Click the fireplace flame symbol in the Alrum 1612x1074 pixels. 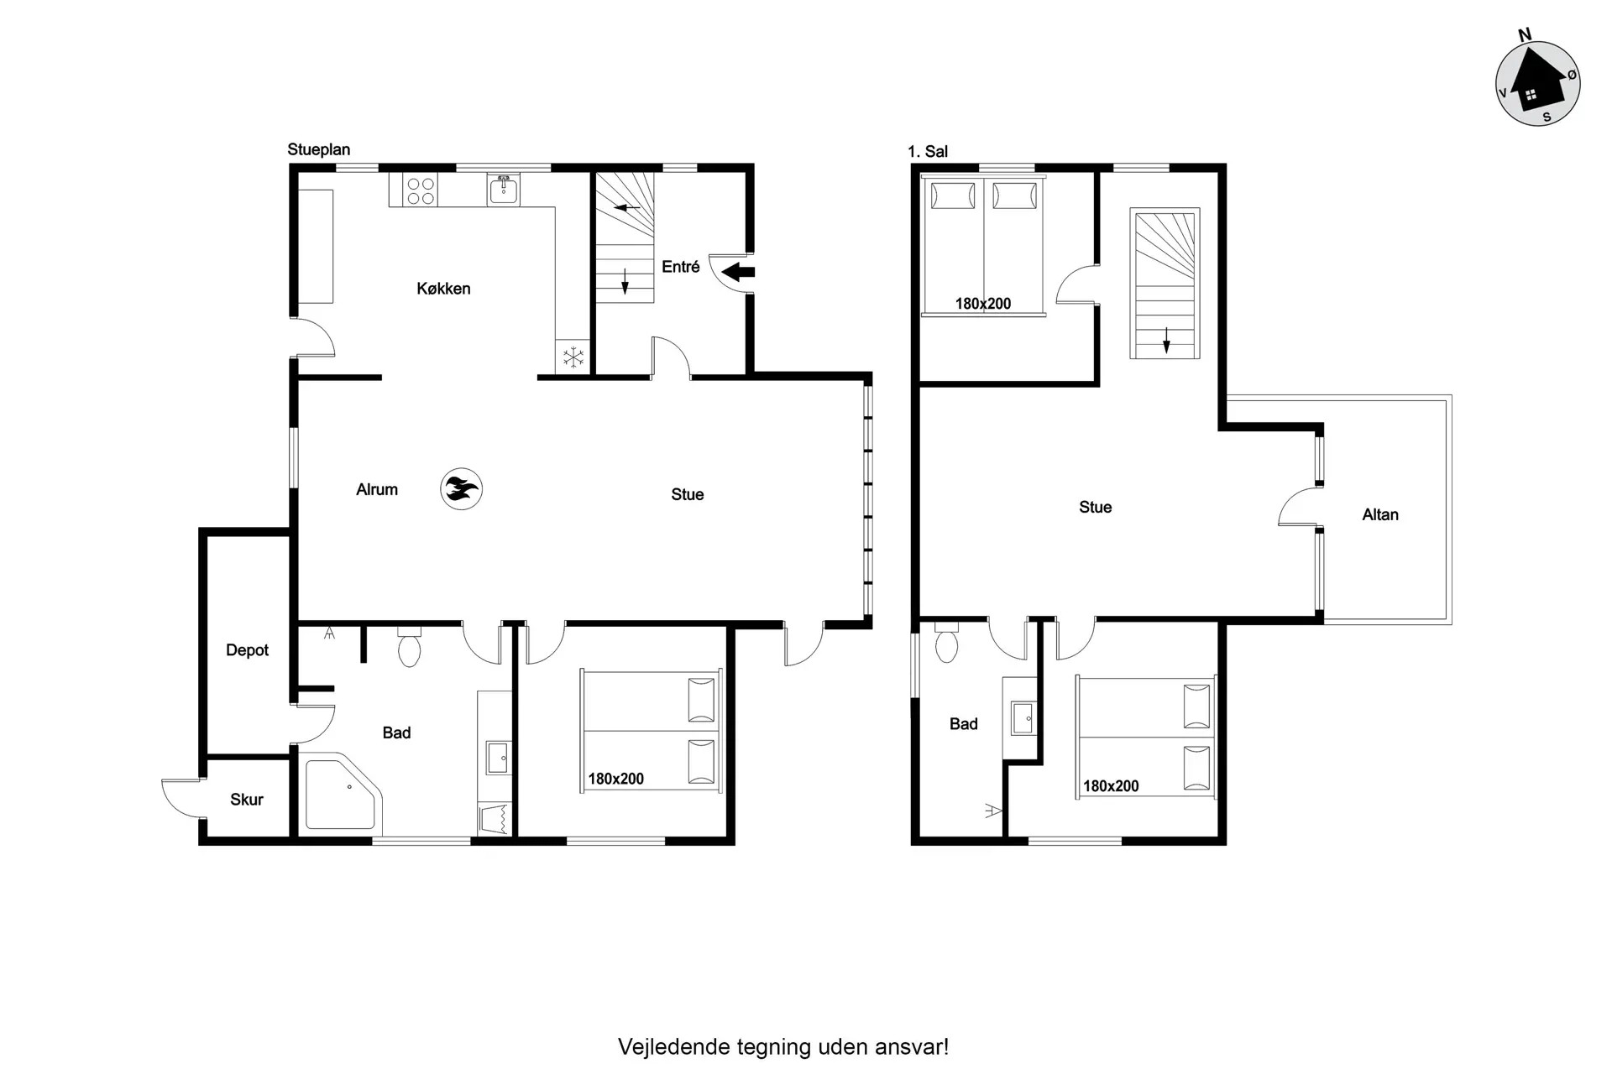click(x=461, y=488)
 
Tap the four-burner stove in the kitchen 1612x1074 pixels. click(x=420, y=190)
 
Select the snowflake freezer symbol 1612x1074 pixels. click(x=573, y=357)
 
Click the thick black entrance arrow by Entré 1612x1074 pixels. click(x=738, y=272)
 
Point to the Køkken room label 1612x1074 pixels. click(x=443, y=289)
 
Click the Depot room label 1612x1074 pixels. click(x=247, y=650)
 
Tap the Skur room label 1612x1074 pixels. click(x=247, y=800)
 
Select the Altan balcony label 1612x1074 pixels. click(x=1380, y=515)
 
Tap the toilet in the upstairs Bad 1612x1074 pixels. click(x=946, y=642)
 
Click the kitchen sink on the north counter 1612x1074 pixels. click(x=503, y=190)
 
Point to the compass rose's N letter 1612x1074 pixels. click(x=1525, y=34)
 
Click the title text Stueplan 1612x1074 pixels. click(x=319, y=149)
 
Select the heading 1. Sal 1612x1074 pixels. click(x=928, y=152)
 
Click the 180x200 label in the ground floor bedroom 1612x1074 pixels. click(x=615, y=779)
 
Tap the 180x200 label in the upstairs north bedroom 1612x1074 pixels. click(x=983, y=304)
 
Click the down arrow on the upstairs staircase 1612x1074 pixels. click(x=1166, y=339)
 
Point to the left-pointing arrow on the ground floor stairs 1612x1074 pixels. click(x=627, y=207)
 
